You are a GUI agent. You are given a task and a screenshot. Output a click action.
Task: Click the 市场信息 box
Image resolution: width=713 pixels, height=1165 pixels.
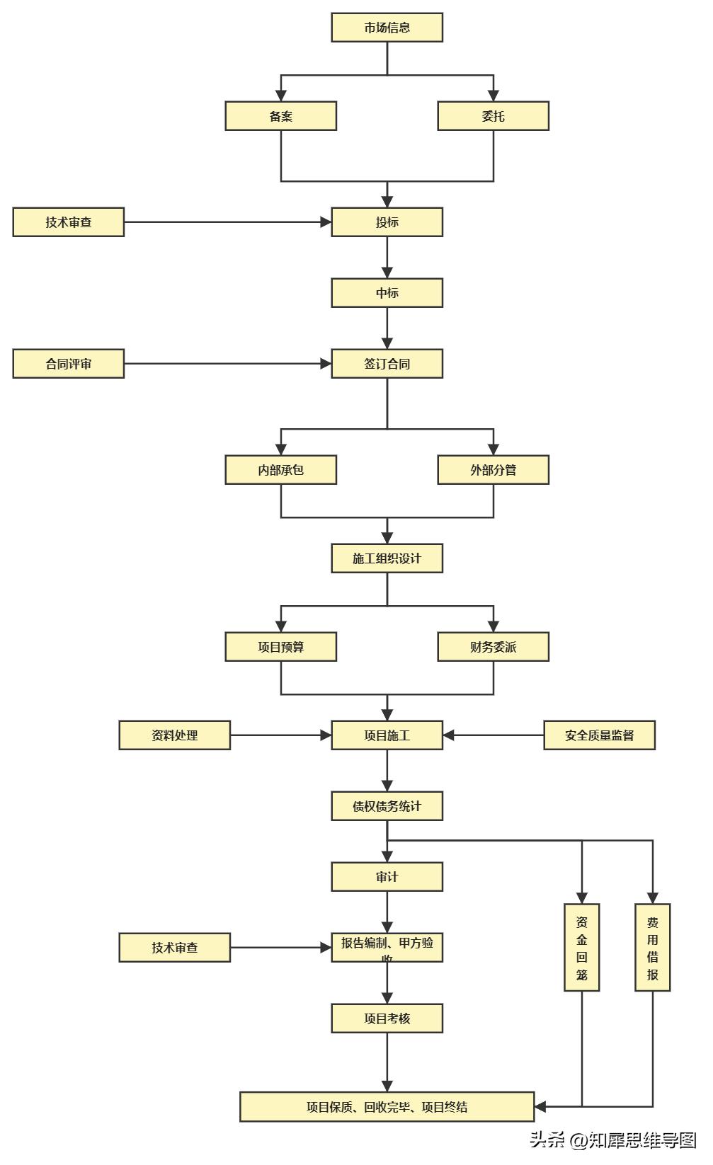point(387,28)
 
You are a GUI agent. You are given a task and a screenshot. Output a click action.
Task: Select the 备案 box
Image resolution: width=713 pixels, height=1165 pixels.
point(280,116)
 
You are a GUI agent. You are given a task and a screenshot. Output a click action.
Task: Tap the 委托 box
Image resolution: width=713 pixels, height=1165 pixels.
point(493,116)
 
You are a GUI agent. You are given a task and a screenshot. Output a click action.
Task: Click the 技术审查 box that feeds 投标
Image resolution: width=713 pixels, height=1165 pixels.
point(69,222)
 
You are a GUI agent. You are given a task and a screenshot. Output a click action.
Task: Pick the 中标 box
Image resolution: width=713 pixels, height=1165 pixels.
point(387,293)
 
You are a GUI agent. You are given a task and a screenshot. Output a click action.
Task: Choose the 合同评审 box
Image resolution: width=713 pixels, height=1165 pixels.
point(69,364)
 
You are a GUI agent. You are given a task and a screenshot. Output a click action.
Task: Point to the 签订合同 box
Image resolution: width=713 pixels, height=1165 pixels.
point(387,364)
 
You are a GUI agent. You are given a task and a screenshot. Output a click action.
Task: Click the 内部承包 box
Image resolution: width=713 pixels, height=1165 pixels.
point(280,470)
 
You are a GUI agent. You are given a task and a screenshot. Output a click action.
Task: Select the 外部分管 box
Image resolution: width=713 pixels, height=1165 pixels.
point(493,470)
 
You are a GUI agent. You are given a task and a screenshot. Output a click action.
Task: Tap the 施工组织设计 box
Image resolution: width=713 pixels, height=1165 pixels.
point(387,558)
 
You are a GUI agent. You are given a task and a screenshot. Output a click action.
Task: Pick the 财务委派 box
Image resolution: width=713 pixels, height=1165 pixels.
point(493,647)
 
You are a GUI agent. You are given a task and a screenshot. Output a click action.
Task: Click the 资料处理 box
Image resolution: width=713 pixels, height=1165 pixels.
point(174,735)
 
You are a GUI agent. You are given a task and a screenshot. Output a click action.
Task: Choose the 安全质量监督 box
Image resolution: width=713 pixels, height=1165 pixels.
point(599,735)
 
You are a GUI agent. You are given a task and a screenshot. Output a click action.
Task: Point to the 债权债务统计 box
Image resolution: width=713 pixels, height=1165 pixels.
point(387,806)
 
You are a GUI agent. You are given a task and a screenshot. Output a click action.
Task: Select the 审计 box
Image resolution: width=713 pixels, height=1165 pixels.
point(387,877)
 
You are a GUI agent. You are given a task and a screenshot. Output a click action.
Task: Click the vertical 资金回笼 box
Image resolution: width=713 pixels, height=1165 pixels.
point(581,948)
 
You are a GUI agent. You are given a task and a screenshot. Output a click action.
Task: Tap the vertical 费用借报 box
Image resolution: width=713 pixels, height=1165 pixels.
point(652,948)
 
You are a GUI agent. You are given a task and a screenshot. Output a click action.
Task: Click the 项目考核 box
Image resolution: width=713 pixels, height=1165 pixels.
point(387,1018)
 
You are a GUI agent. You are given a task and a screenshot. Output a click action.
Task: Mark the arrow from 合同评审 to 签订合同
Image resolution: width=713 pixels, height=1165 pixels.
point(227,364)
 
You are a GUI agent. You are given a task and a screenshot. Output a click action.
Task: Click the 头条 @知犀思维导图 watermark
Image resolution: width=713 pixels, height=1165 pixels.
point(613,1140)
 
